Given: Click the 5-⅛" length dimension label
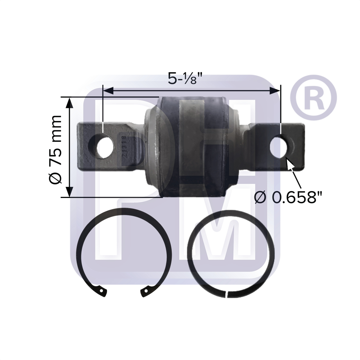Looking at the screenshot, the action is (186, 78).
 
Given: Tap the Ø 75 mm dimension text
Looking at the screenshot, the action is (55, 149).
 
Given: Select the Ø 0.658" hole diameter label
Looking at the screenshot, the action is (288, 197).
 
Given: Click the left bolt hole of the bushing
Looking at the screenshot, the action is (105, 147).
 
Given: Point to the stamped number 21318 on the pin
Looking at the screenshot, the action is (125, 146).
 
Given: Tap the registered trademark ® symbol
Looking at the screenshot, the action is (314, 98).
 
